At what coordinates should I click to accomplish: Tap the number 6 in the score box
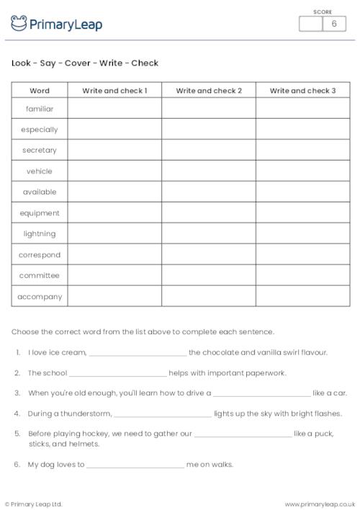333,24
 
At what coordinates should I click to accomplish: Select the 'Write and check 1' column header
114,91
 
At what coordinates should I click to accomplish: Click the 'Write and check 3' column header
302,91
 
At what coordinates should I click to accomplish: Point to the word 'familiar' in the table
40,109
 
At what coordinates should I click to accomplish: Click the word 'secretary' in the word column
40,151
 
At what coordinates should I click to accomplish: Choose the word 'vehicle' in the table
40,171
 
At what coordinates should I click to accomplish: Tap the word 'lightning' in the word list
40,234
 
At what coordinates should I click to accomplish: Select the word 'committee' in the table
40,276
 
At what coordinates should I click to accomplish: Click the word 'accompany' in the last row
40,297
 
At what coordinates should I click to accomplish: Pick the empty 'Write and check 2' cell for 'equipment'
209,213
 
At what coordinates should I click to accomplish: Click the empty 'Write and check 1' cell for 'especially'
114,130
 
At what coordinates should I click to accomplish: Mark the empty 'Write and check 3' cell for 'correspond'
302,255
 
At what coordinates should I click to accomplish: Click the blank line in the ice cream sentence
138,354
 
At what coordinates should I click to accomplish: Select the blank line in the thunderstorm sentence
163,415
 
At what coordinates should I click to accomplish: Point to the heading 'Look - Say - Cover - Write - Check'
85,63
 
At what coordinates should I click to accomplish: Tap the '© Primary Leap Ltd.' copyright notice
34,504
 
